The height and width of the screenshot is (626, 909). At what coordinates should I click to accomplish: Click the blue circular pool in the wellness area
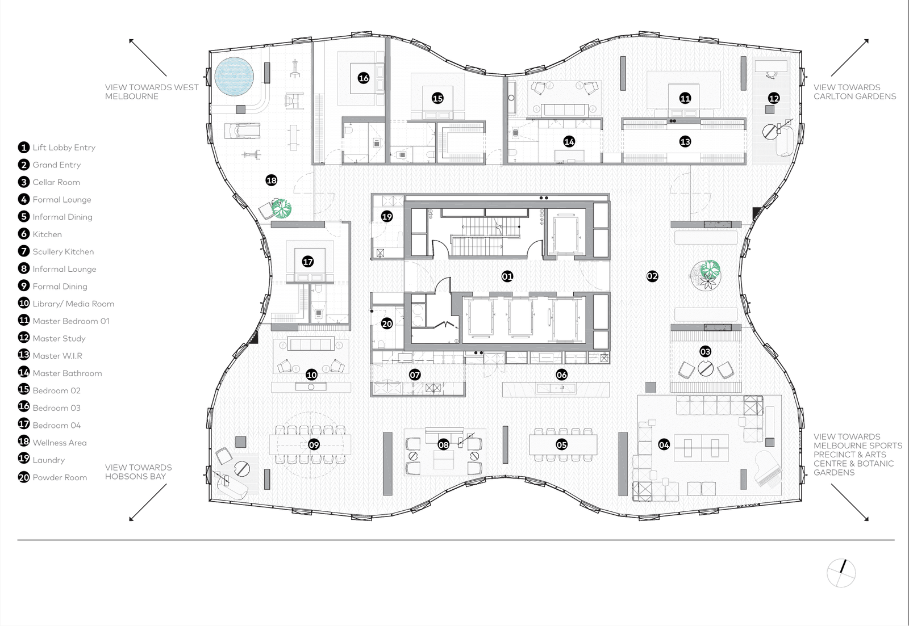pyautogui.click(x=234, y=77)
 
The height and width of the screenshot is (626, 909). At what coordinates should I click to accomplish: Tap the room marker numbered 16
pyautogui.click(x=363, y=78)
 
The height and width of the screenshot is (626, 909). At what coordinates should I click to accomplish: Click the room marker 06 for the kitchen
pyautogui.click(x=562, y=375)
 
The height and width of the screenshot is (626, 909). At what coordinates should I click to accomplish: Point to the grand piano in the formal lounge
pyautogui.click(x=768, y=469)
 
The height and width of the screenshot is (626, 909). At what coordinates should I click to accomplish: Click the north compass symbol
pyautogui.click(x=841, y=573)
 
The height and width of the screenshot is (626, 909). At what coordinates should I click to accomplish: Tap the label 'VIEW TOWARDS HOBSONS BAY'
pyautogui.click(x=139, y=472)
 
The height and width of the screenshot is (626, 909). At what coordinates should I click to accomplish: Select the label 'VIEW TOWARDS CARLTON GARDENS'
pyautogui.click(x=854, y=91)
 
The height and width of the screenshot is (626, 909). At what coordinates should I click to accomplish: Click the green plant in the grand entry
pyautogui.click(x=710, y=269)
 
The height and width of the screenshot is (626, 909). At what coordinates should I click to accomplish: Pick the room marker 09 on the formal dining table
pyautogui.click(x=314, y=445)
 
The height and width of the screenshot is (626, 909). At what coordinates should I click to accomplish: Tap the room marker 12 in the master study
pyautogui.click(x=774, y=98)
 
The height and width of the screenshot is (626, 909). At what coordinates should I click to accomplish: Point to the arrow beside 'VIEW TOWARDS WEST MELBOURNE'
pyautogui.click(x=148, y=57)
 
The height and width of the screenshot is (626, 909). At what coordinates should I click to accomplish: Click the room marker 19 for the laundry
pyautogui.click(x=387, y=216)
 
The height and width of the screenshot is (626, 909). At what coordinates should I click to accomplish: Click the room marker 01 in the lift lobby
pyautogui.click(x=507, y=276)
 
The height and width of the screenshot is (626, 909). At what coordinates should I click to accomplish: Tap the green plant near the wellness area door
pyautogui.click(x=281, y=208)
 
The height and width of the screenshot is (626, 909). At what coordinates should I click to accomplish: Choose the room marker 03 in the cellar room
pyautogui.click(x=705, y=351)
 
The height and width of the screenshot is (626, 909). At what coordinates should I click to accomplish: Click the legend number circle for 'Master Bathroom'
pyautogui.click(x=24, y=372)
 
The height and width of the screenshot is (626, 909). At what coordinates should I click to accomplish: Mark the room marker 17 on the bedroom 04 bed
pyautogui.click(x=307, y=262)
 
